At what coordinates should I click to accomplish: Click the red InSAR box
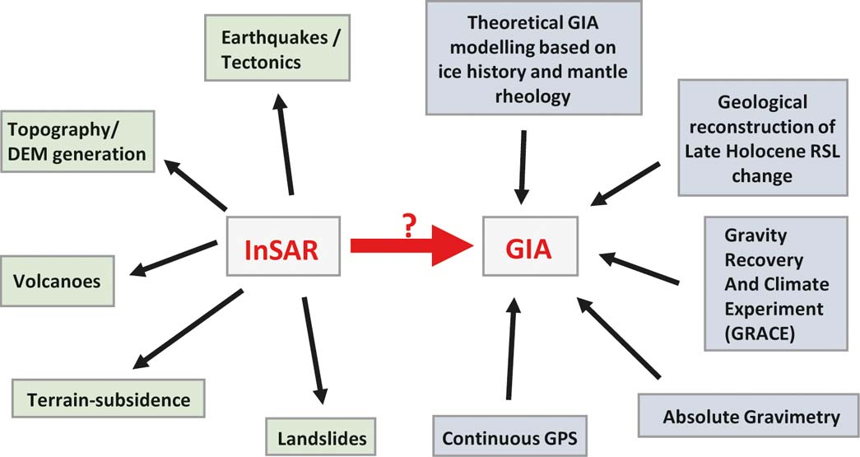(284, 245)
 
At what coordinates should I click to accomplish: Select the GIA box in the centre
(530, 245)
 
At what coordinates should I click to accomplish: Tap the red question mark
(409, 226)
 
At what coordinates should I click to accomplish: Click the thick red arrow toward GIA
(412, 245)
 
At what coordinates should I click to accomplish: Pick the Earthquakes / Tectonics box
(277, 49)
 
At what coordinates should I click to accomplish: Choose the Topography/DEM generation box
(77, 142)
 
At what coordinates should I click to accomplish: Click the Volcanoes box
(57, 281)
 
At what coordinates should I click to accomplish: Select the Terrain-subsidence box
(109, 399)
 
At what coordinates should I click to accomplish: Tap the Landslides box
(322, 437)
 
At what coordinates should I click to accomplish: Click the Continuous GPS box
(509, 437)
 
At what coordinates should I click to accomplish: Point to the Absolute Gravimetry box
(749, 416)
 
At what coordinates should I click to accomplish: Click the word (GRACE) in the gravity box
(760, 333)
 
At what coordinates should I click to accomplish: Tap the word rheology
(533, 96)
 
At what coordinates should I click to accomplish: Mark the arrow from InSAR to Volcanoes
(174, 258)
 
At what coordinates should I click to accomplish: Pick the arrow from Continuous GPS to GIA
(511, 348)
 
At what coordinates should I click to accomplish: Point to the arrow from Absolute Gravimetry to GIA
(618, 338)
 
